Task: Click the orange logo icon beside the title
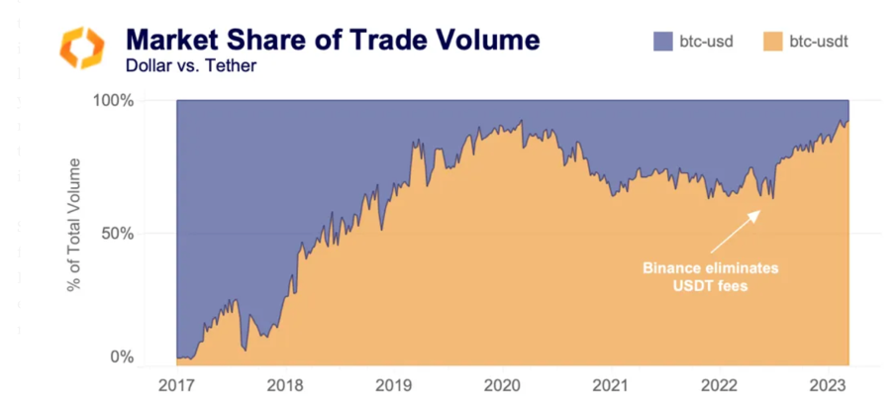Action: tap(81, 48)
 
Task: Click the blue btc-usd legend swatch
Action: tap(664, 42)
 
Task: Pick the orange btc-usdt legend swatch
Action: tap(775, 42)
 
